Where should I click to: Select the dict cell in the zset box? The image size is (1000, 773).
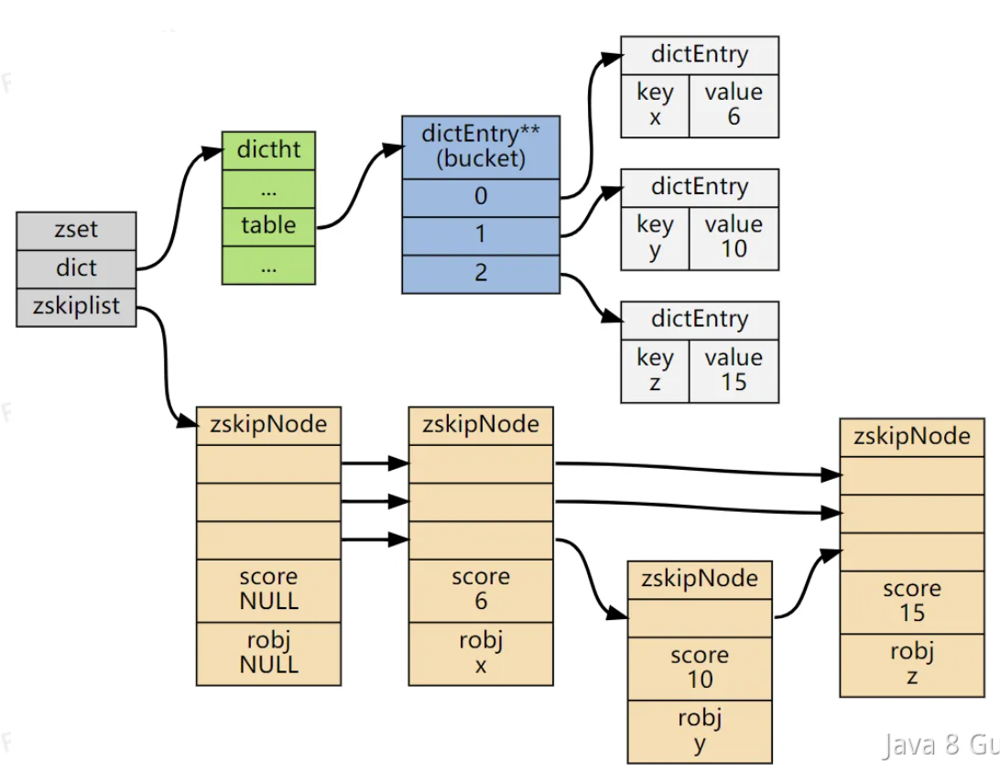tap(76, 269)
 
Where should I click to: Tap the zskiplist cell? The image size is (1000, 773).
tap(76, 308)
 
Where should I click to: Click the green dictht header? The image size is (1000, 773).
tap(268, 149)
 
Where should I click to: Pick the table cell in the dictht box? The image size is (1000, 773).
tap(268, 225)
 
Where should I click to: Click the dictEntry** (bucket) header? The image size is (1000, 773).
tap(481, 147)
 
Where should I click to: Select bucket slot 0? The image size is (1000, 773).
tap(481, 197)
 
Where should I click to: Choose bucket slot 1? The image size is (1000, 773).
tap(481, 235)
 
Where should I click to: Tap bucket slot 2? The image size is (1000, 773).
tap(481, 274)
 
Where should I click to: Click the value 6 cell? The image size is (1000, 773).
tap(734, 105)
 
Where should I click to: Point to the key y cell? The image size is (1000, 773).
tap(655, 237)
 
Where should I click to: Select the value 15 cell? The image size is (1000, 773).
tap(734, 370)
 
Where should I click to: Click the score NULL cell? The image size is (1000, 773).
tap(268, 590)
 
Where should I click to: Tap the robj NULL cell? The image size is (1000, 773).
tap(268, 653)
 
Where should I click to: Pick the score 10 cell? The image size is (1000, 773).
tap(700, 668)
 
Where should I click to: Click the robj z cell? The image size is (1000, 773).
tap(912, 665)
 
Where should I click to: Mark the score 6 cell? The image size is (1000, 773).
tap(481, 590)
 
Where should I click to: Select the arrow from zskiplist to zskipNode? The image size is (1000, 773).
tap(166, 366)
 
